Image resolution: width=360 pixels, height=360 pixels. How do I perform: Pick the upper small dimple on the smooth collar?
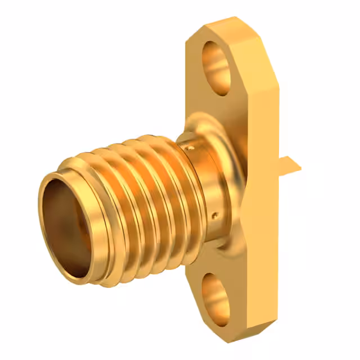[x=191, y=148]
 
